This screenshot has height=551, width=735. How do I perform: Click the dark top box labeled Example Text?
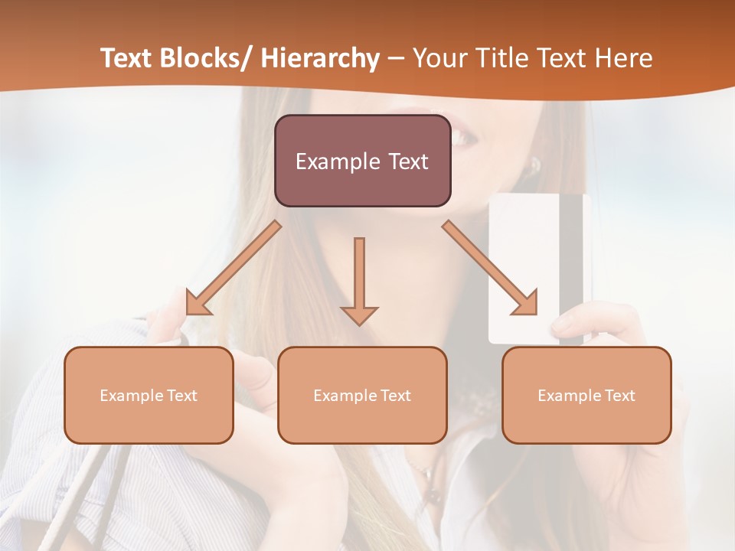click(x=362, y=161)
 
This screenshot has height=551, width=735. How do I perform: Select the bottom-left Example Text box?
click(x=149, y=395)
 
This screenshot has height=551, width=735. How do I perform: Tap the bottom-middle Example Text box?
click(x=362, y=395)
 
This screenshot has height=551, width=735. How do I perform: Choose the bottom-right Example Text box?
click(x=586, y=395)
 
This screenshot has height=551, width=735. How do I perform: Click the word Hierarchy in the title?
click(x=320, y=59)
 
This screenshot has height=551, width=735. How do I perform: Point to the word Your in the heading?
click(x=441, y=59)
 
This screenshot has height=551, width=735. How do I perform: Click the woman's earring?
click(x=534, y=165)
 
